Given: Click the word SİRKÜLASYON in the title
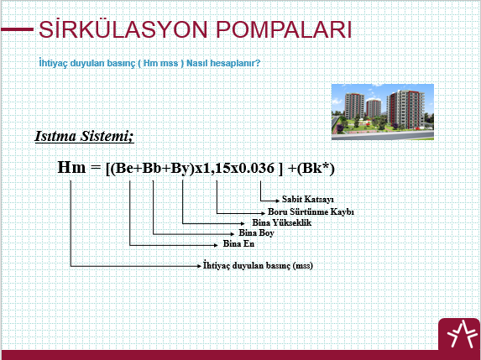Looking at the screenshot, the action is (x=123, y=29).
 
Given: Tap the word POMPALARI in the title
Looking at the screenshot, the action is (x=284, y=29).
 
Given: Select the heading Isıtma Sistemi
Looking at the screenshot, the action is (x=84, y=136).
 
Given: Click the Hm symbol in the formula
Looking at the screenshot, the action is (x=71, y=168).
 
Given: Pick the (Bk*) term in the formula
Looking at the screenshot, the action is (x=316, y=169).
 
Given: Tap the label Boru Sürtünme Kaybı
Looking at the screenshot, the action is (x=311, y=211).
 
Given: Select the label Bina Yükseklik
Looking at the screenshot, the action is (x=281, y=222).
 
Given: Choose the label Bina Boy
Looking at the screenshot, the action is (x=256, y=232).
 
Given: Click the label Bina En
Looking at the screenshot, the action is (x=238, y=244).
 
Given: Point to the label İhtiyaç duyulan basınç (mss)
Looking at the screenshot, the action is (x=258, y=265).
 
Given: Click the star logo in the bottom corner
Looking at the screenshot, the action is (x=459, y=334).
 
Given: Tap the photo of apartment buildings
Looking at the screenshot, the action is (x=383, y=112).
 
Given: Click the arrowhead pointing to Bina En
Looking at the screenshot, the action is (x=216, y=245).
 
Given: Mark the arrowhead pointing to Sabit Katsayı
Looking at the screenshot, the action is (x=277, y=201).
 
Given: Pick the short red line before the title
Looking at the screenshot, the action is (x=17, y=29).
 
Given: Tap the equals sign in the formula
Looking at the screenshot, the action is (x=96, y=168).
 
